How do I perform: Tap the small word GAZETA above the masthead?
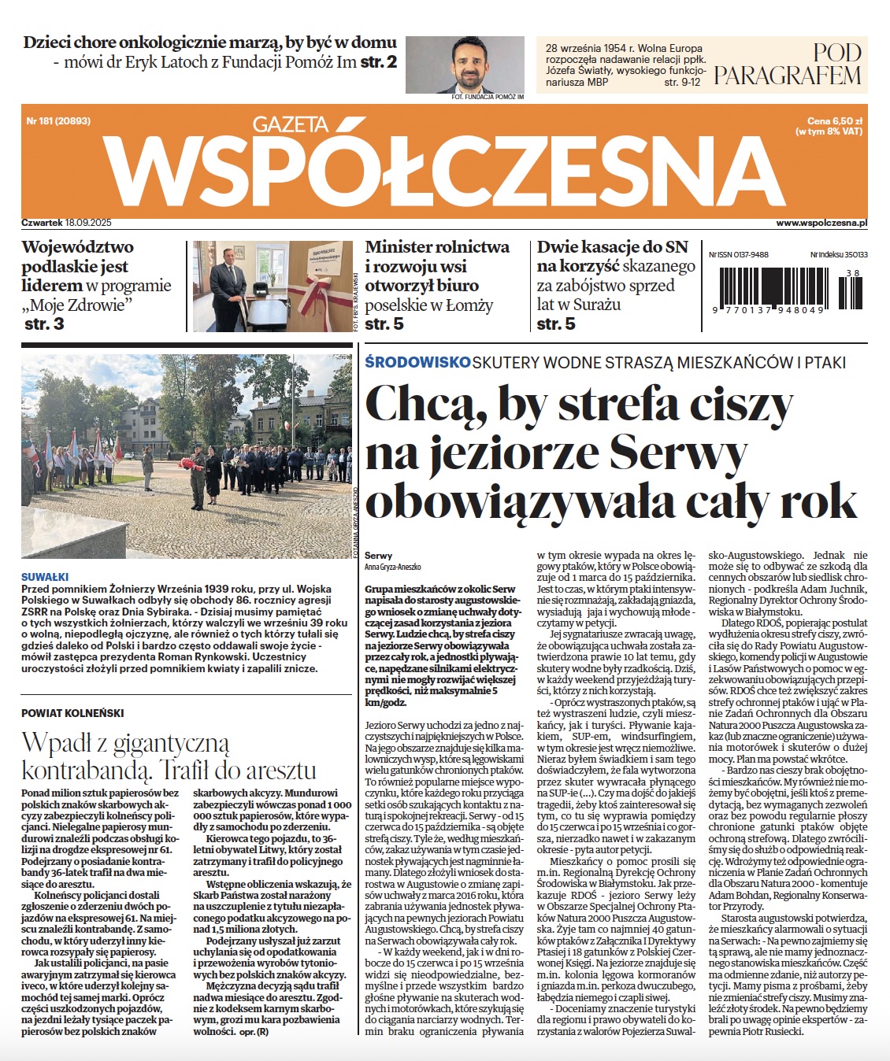[291, 124]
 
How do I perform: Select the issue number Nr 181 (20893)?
[58, 121]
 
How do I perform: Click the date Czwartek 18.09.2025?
[67, 223]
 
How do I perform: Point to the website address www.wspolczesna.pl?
[821, 223]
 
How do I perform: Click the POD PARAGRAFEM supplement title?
[788, 65]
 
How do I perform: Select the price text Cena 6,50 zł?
[835, 121]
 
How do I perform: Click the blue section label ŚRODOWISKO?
[417, 362]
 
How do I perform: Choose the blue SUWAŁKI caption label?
[45, 577]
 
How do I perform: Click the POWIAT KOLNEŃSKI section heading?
[72, 713]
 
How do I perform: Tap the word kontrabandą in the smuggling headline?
[86, 770]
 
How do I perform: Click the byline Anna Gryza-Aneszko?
[393, 567]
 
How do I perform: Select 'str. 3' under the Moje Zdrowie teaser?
[44, 324]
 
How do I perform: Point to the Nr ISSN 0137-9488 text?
[739, 255]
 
